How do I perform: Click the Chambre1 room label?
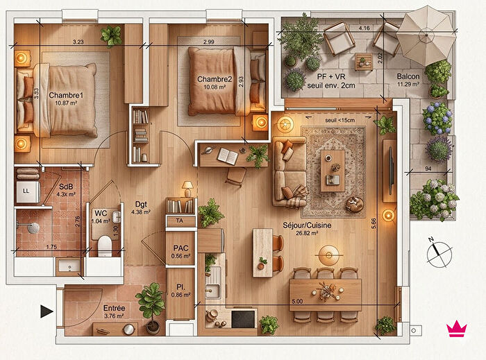(66, 95)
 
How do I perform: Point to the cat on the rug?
(356, 204)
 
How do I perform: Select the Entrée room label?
(114, 308)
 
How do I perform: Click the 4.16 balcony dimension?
(364, 28)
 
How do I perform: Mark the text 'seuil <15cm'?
(340, 119)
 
